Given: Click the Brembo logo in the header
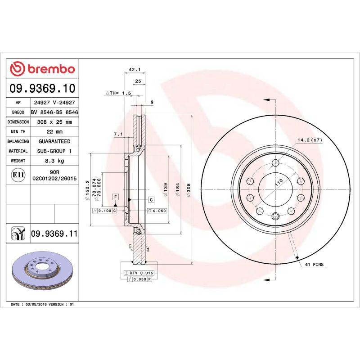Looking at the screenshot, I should click(x=42, y=69).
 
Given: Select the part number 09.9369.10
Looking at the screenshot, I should click(x=42, y=88).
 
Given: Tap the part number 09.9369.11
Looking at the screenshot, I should click(x=54, y=234).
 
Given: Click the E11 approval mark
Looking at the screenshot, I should click(x=18, y=175).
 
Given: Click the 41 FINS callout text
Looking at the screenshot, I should click(x=315, y=265).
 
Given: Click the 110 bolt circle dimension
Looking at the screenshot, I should click(x=279, y=182).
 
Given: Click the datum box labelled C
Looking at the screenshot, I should click(x=151, y=199).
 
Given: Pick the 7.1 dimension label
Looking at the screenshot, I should click(x=118, y=134).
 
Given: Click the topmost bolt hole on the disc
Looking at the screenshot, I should click(x=276, y=163).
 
